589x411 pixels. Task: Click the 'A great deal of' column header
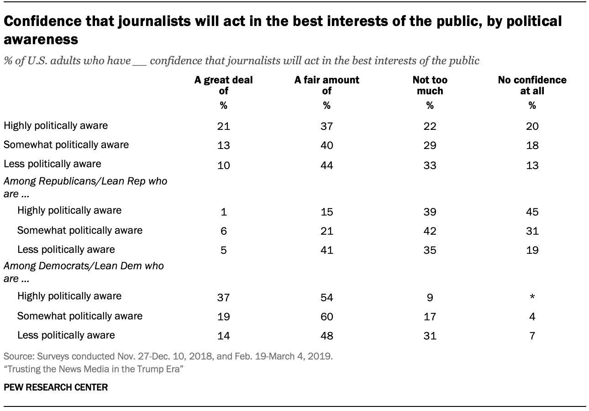(x=223, y=85)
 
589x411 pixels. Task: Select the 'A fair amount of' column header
(x=326, y=85)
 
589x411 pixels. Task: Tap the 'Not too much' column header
(x=430, y=85)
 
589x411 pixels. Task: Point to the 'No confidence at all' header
(x=532, y=85)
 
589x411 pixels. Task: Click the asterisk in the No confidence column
(x=532, y=297)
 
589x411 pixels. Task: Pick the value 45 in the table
(x=532, y=211)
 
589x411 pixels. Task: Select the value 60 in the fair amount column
(x=326, y=317)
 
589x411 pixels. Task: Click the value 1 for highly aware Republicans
(x=224, y=211)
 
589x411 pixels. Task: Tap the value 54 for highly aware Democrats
(x=326, y=297)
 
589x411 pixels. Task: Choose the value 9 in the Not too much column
(x=430, y=297)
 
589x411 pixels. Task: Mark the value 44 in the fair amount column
(x=326, y=165)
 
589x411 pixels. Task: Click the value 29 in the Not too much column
(x=430, y=145)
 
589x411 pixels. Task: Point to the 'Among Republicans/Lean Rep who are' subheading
(x=85, y=187)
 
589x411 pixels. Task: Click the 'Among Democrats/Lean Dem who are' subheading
(x=84, y=272)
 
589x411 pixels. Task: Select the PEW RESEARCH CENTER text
(x=56, y=387)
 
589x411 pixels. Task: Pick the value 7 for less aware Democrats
(x=532, y=336)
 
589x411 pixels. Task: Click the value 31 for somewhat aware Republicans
(x=532, y=231)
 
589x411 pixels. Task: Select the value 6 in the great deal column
(x=224, y=231)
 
